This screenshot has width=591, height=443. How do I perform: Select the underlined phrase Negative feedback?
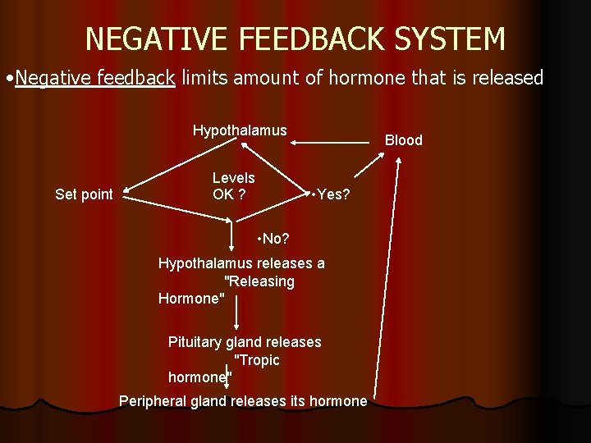tap(94, 78)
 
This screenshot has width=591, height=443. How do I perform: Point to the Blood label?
tap(404, 140)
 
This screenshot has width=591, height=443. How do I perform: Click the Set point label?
tap(84, 194)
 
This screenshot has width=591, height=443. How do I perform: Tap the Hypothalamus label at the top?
tap(240, 130)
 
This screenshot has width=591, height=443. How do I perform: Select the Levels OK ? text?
tap(233, 186)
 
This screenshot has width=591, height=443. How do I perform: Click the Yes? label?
tap(332, 194)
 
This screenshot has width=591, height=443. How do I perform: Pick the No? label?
tap(274, 239)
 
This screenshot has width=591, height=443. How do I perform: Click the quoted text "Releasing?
tap(259, 281)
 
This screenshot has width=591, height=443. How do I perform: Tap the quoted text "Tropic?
tap(257, 360)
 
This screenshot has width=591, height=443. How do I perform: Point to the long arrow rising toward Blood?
tap(387, 279)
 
